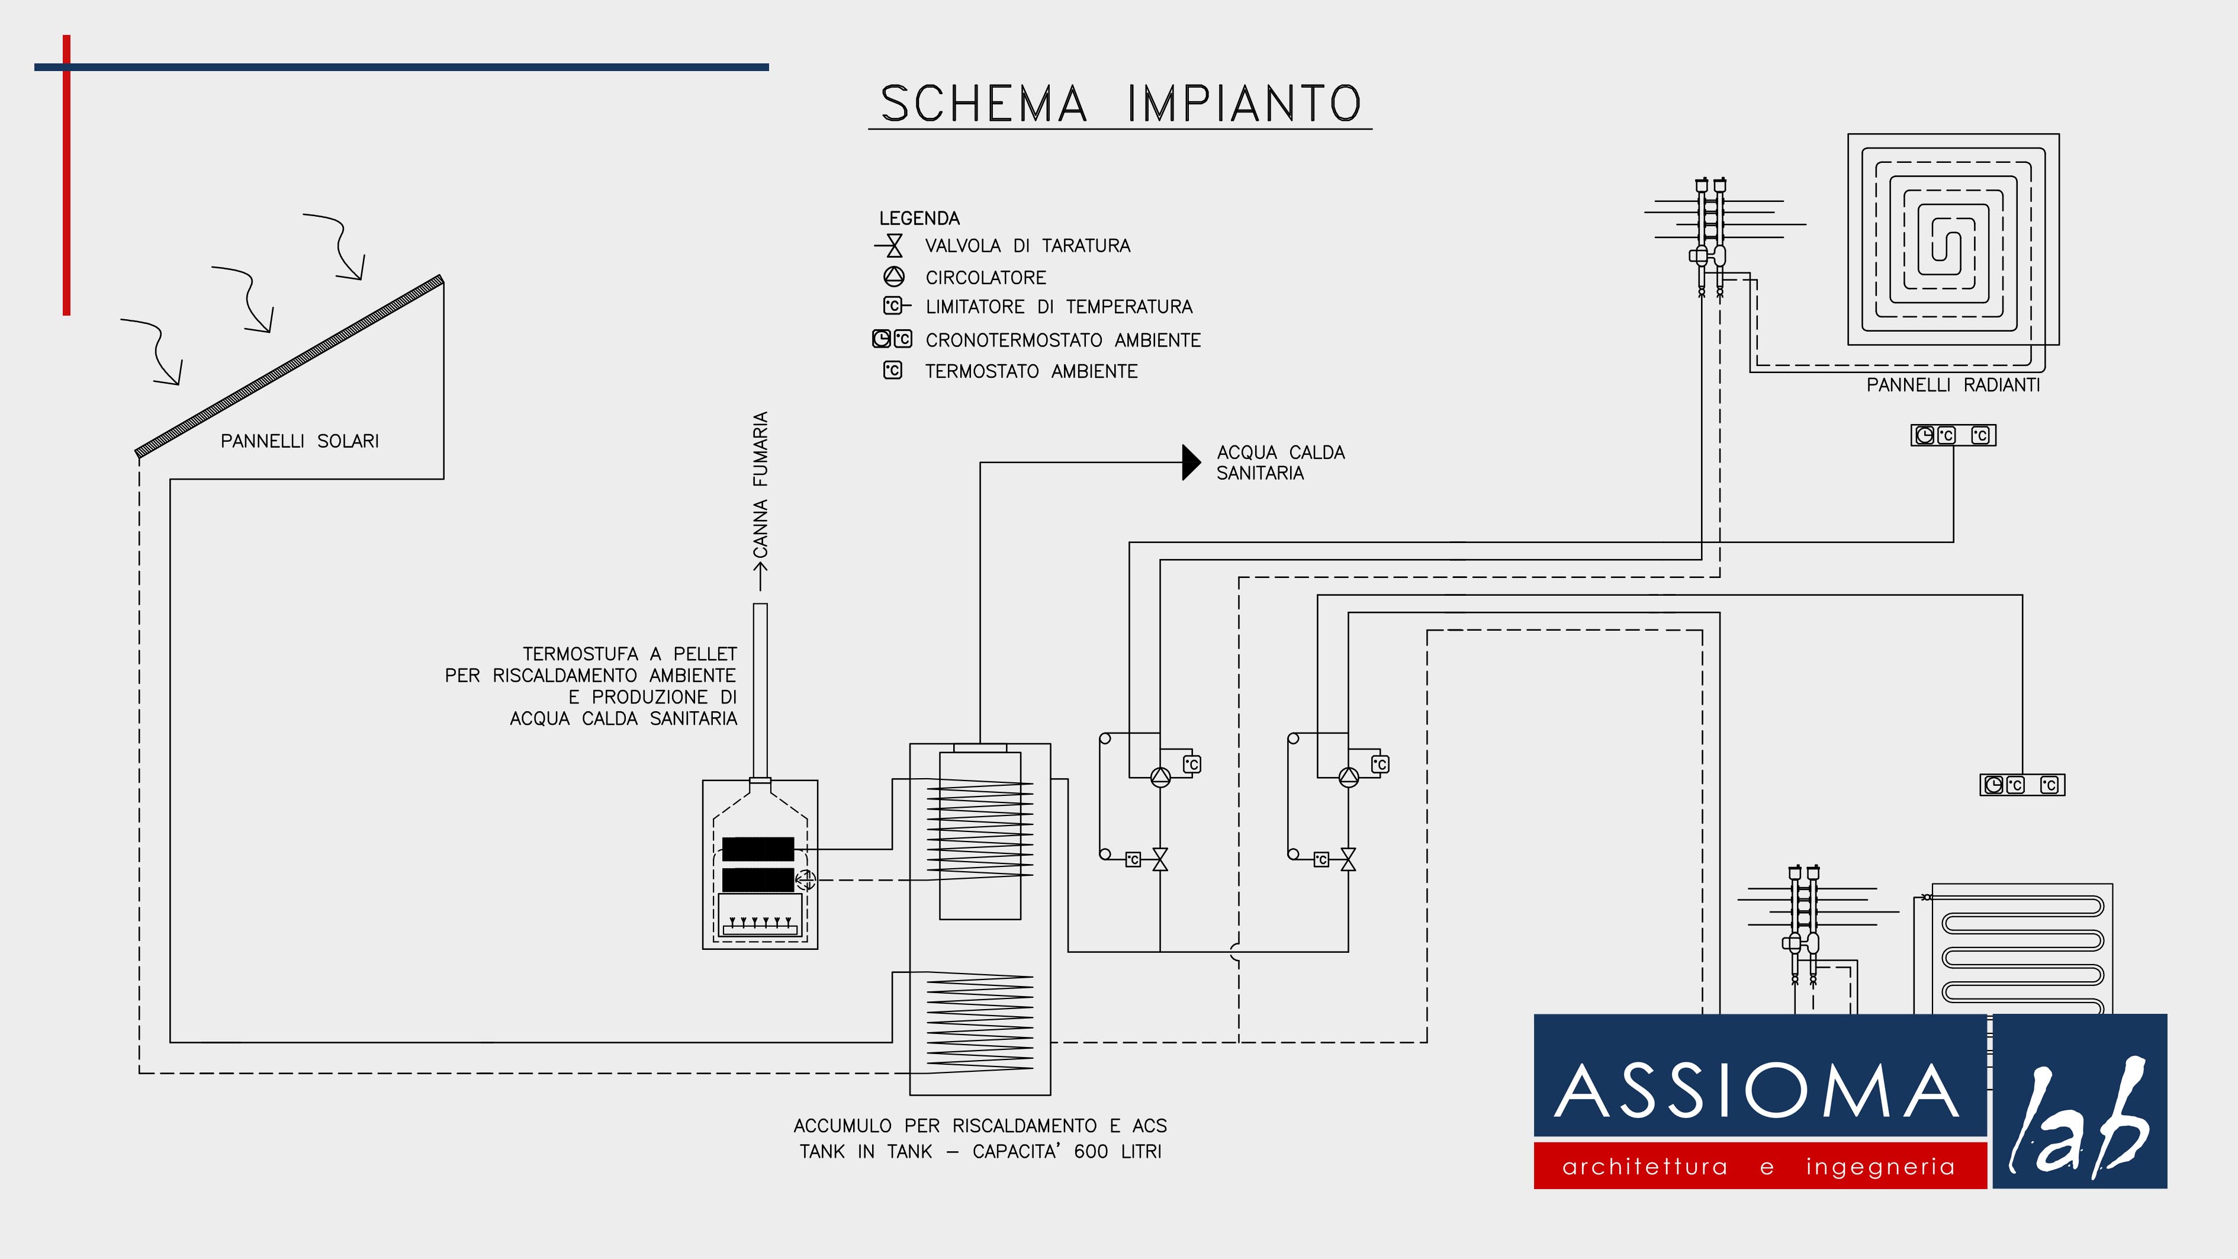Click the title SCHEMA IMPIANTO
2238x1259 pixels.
[1121, 104]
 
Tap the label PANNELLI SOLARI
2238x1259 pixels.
[300, 441]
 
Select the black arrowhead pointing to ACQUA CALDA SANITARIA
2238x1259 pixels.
[1191, 463]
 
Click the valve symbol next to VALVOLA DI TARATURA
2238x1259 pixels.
[892, 246]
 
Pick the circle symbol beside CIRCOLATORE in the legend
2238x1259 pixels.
[894, 277]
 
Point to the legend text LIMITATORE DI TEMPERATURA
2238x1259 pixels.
[1059, 307]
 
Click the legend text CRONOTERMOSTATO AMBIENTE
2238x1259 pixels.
[1063, 341]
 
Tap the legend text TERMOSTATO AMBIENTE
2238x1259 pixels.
[1031, 372]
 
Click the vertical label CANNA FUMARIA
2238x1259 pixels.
[760, 485]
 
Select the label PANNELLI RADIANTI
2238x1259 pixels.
[1953, 385]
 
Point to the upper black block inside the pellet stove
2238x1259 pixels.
[758, 849]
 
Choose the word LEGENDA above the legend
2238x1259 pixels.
[919, 218]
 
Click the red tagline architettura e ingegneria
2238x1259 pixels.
[1758, 1166]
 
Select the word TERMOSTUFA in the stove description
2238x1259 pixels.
[580, 653]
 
